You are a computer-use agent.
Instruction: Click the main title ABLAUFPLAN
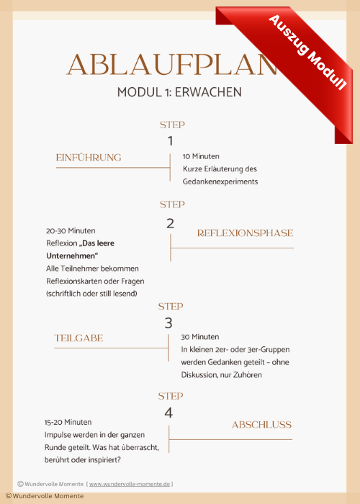(172, 65)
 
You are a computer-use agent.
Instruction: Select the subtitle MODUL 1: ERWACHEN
(179, 92)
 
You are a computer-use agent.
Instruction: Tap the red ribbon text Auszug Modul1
(307, 53)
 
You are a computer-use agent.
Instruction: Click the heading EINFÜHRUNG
(89, 158)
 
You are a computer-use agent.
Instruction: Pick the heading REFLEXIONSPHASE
(246, 233)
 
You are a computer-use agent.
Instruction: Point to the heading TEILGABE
(78, 338)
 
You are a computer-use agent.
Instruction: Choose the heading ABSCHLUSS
(261, 425)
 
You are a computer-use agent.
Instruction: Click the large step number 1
(171, 141)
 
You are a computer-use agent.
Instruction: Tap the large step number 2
(171, 223)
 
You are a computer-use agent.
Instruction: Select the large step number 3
(168, 323)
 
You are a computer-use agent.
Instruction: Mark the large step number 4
(168, 413)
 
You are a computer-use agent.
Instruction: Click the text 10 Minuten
(201, 156)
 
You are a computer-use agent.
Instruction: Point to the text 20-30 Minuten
(71, 231)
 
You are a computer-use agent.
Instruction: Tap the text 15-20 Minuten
(68, 422)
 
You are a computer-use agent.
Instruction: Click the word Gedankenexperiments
(220, 181)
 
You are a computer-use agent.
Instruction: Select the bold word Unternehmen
(71, 256)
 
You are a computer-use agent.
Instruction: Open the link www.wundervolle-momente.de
(130, 484)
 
